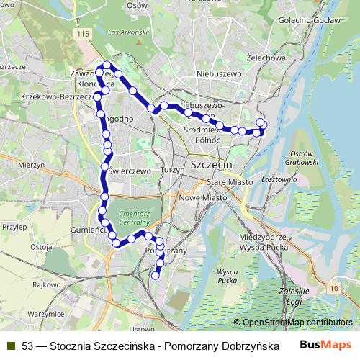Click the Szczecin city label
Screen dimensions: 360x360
(212, 165)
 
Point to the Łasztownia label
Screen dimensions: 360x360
(280, 179)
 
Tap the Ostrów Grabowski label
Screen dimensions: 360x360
(302, 158)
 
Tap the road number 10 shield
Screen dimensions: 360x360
(333, 288)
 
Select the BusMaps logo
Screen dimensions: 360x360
(325, 345)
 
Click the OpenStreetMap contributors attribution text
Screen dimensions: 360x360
(293, 323)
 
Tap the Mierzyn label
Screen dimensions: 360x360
(31, 165)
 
